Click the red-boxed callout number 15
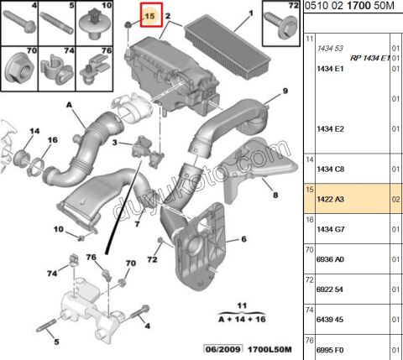(151, 15)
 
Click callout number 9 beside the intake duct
(284, 91)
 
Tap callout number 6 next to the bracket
(243, 239)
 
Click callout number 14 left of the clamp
(34, 131)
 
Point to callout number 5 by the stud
(56, 342)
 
